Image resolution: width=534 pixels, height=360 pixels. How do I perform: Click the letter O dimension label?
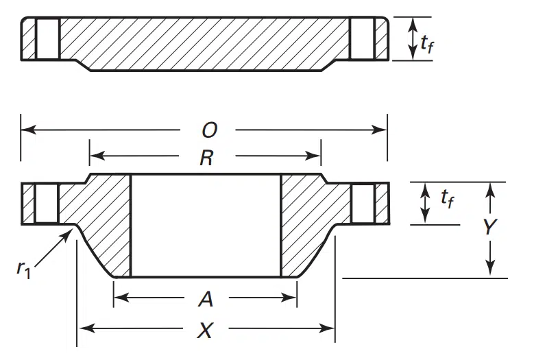(x=210, y=130)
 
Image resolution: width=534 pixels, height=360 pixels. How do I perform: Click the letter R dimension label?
(x=207, y=158)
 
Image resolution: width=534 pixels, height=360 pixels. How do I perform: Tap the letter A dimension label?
(x=206, y=300)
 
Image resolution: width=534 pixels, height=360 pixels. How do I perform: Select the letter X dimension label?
(x=206, y=330)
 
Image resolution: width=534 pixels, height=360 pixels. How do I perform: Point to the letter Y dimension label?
(x=490, y=226)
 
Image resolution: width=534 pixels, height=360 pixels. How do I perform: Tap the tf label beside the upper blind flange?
(x=427, y=44)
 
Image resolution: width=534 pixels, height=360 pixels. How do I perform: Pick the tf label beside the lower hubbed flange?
(x=447, y=198)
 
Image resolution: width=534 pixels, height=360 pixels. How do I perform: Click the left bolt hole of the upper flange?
(x=48, y=39)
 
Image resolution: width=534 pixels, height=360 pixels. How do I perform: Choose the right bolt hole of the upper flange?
(x=363, y=38)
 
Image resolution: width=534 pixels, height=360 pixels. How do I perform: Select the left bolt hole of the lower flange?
(x=47, y=204)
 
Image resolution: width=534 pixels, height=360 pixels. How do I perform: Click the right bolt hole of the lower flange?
(x=363, y=204)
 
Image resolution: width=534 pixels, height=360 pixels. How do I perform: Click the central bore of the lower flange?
(x=206, y=226)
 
